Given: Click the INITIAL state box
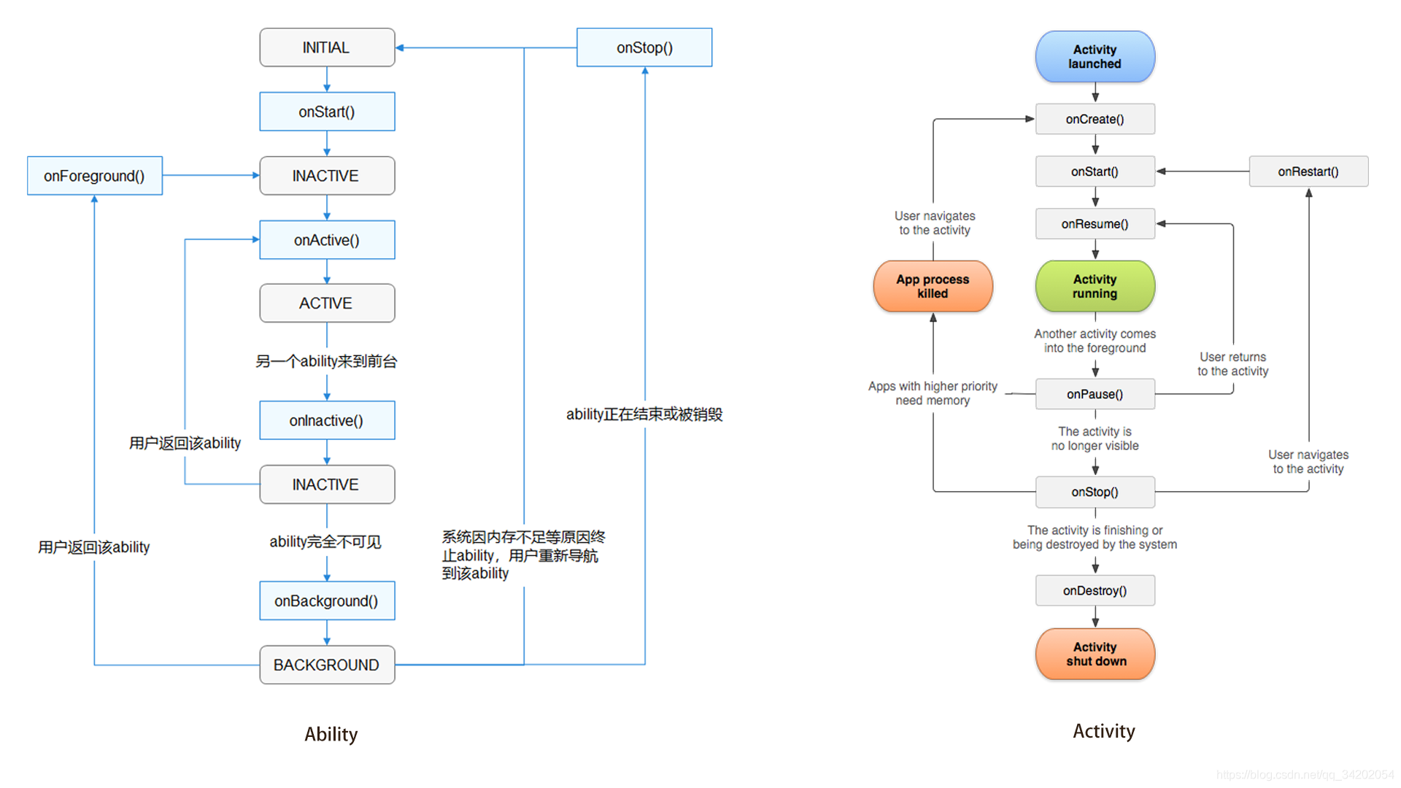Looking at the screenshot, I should click(x=327, y=47).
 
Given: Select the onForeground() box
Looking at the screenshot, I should click(x=95, y=176).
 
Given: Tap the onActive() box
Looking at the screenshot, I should click(x=327, y=240).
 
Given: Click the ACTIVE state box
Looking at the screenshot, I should click(x=327, y=303).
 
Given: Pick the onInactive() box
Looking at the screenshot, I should click(x=327, y=420).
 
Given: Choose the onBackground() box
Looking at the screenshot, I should click(x=327, y=600).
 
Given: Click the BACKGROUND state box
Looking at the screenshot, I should click(x=327, y=665).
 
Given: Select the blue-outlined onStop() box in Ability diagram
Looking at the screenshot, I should click(x=644, y=47).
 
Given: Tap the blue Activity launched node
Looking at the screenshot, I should click(x=1095, y=57).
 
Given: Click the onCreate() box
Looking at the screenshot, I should click(x=1095, y=119).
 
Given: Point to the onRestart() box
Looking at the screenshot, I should click(x=1308, y=171).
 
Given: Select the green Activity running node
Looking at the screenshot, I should click(x=1095, y=286).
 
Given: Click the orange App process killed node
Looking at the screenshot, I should click(x=933, y=286).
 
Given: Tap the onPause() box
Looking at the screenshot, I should click(x=1095, y=394).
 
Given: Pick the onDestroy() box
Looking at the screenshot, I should click(x=1095, y=590).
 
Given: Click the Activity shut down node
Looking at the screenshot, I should click(x=1095, y=654).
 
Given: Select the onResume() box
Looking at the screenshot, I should click(x=1095, y=224).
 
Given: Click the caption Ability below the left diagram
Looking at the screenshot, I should click(x=331, y=734).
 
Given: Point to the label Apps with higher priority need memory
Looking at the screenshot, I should click(x=933, y=393).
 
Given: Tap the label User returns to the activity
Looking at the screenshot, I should click(x=1232, y=364).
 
